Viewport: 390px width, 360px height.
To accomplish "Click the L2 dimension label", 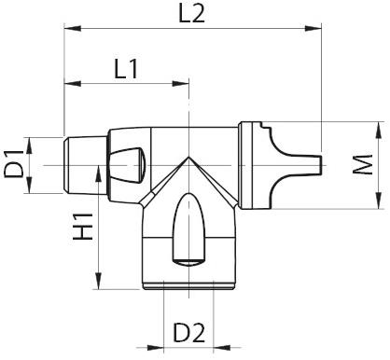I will [x=190, y=13].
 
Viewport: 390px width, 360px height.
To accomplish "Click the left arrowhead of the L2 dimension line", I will [x=68, y=29].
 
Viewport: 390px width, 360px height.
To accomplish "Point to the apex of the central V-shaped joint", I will [x=190, y=159].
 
